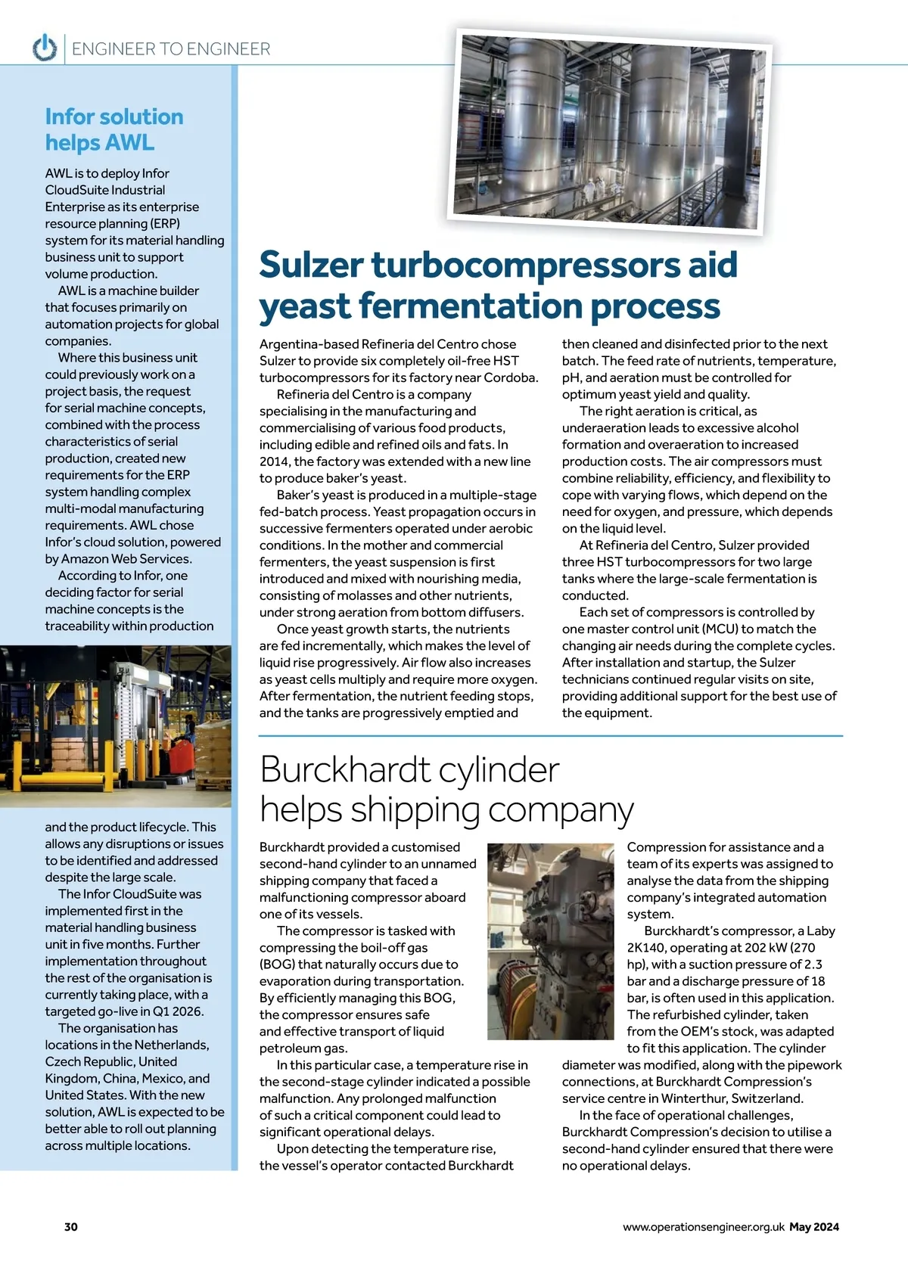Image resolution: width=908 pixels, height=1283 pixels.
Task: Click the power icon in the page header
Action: click(x=45, y=48)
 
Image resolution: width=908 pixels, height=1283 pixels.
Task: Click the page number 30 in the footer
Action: click(x=71, y=1227)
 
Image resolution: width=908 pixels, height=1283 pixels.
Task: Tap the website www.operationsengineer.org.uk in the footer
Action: click(x=703, y=1227)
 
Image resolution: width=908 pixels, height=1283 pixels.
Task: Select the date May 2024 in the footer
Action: click(x=814, y=1227)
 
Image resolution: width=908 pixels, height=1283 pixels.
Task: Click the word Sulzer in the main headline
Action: click(x=312, y=265)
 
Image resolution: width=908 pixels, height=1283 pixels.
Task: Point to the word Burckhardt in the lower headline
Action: click(x=345, y=770)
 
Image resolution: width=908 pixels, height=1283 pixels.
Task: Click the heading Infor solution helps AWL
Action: click(x=113, y=129)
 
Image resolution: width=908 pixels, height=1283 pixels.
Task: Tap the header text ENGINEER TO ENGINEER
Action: click(x=171, y=49)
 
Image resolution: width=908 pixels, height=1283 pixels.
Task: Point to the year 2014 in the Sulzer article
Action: click(x=275, y=461)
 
